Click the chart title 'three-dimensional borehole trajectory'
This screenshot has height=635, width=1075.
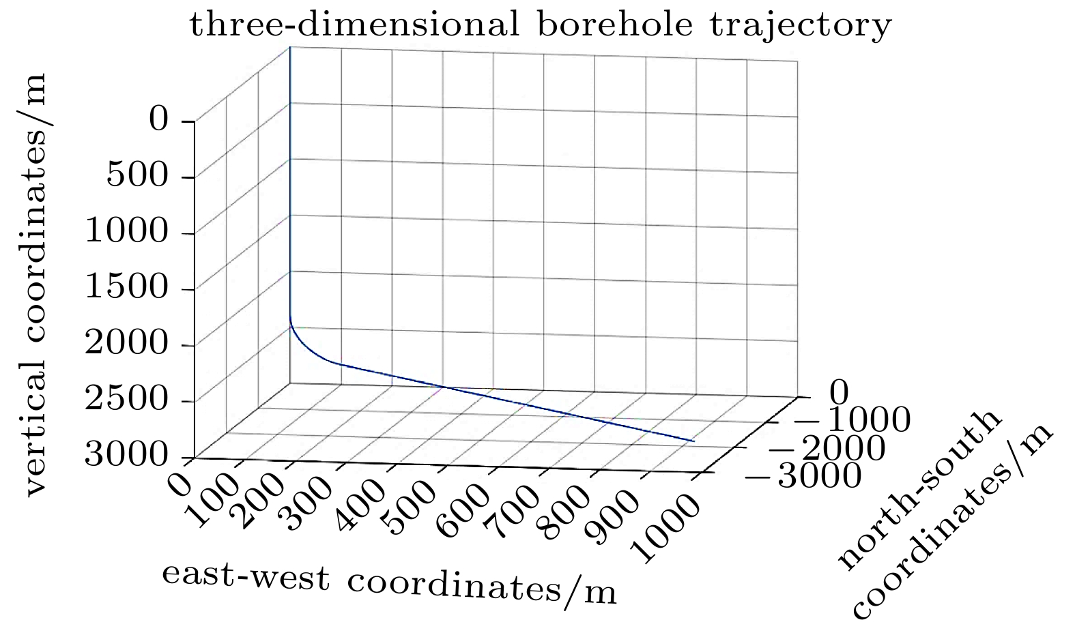click(540, 26)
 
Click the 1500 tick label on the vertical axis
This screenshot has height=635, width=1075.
click(126, 288)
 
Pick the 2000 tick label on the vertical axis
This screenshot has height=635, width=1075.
click(126, 344)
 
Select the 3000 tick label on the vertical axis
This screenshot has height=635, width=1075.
click(126, 456)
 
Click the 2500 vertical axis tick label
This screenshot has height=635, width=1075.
click(126, 400)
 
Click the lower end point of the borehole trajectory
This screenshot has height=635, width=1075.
click(694, 441)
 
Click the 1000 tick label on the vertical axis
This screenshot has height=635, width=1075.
click(126, 232)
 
